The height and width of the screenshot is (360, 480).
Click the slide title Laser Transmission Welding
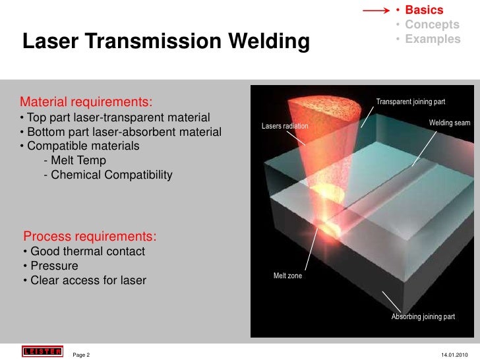[165, 42]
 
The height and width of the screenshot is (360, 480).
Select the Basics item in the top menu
[423, 10]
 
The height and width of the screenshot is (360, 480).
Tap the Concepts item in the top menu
[432, 24]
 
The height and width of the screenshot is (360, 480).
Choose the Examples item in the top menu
[433, 39]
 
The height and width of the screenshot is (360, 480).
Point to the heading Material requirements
[86, 102]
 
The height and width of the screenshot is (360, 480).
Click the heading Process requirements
[90, 236]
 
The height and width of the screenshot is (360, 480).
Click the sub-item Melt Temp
[74, 160]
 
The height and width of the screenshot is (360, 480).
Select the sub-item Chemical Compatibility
[107, 175]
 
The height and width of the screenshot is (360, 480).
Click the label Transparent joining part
[410, 102]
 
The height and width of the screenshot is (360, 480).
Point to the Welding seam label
[449, 123]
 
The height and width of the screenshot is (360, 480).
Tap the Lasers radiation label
[284, 125]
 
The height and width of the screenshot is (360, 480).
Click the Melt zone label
[287, 276]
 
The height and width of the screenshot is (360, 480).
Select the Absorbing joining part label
[423, 317]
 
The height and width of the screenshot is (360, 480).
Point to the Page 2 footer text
[81, 355]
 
